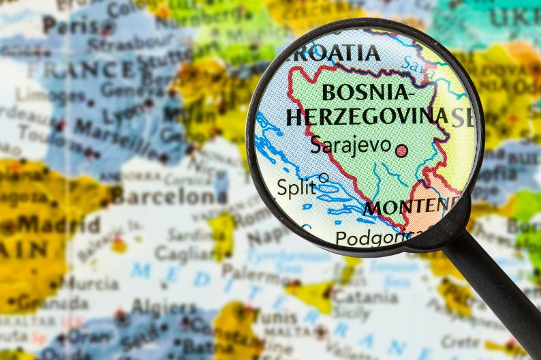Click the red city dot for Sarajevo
(402, 151)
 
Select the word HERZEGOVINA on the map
(367, 116)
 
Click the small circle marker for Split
(324, 178)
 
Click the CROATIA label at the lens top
(335, 52)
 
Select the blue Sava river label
(409, 64)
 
